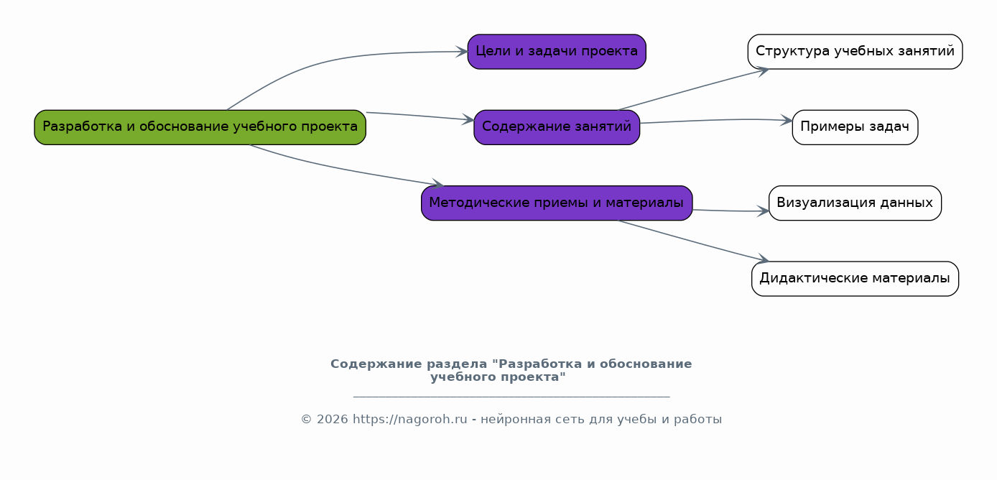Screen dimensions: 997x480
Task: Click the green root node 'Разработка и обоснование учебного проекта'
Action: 200,127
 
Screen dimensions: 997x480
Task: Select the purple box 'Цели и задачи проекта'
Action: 557,52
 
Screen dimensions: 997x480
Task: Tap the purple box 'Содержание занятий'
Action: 557,127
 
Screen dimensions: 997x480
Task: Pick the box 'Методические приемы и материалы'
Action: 557,203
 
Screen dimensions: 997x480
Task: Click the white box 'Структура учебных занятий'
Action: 855,52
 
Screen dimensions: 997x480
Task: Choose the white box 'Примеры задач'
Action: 855,127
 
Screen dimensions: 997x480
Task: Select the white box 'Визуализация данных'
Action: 855,203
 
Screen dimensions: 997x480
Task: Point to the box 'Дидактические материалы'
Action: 855,279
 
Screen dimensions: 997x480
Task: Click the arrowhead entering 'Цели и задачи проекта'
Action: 462,52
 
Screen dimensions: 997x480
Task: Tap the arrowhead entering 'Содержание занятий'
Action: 468,119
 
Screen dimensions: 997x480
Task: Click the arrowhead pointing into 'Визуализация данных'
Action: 764,211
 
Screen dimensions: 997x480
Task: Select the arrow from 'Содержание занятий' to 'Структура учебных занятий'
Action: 693,88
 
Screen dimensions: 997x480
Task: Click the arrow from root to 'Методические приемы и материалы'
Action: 345,168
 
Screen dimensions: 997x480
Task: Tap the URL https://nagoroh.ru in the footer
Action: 410,420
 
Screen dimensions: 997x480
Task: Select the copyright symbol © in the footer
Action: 306,420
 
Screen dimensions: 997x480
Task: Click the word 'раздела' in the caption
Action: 457,364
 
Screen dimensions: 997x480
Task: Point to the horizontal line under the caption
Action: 511,396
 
